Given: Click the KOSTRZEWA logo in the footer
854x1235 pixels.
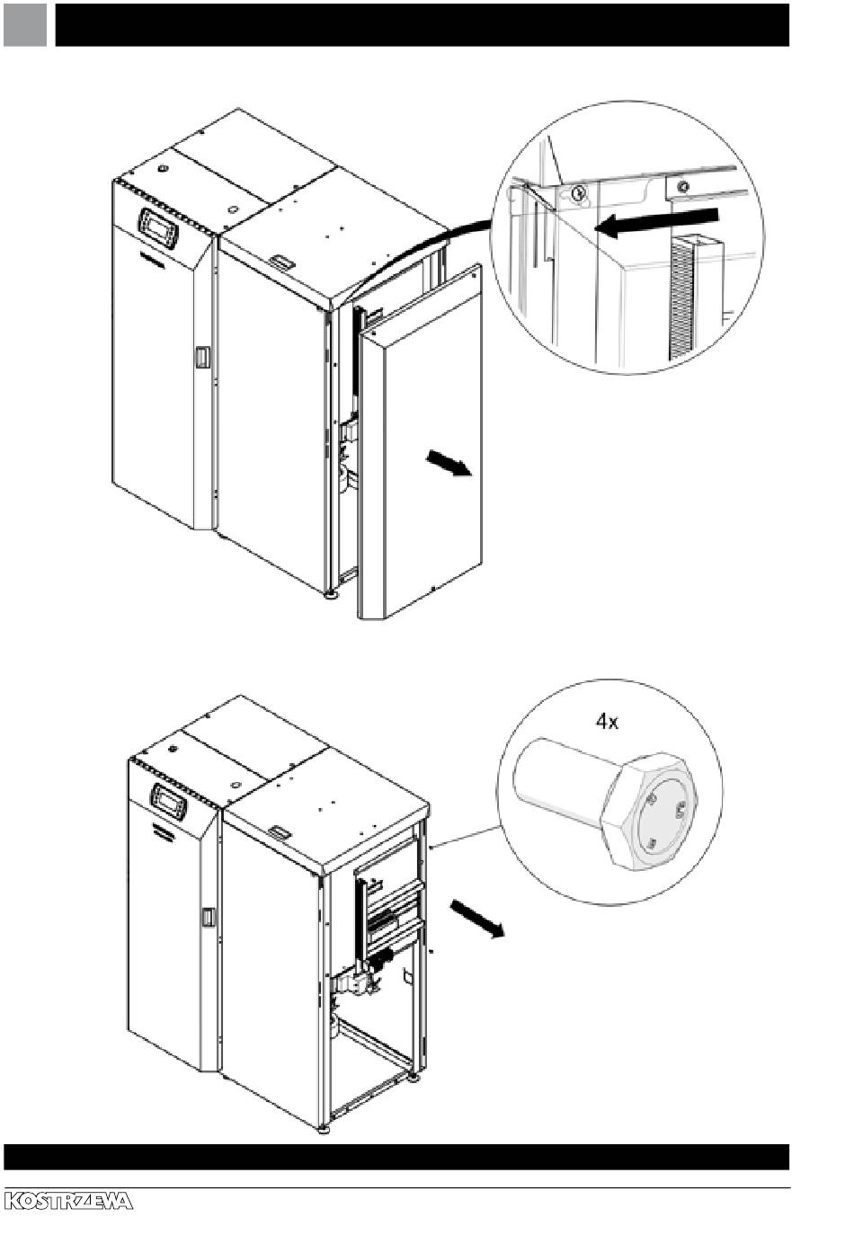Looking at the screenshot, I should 68,1201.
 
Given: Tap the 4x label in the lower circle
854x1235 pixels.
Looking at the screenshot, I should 607,722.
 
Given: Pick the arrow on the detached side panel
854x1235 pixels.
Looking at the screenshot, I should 449,465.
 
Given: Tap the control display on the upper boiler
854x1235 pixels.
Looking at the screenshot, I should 158,227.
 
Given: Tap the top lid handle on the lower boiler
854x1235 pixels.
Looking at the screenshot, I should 282,832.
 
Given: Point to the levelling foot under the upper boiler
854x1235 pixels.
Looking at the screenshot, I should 332,594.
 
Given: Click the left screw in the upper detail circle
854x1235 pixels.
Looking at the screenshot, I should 578,191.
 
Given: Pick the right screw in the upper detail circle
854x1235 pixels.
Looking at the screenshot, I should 684,187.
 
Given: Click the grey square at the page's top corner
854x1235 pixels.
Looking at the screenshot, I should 24,24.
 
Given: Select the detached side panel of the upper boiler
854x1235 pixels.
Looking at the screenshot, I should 421,440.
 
